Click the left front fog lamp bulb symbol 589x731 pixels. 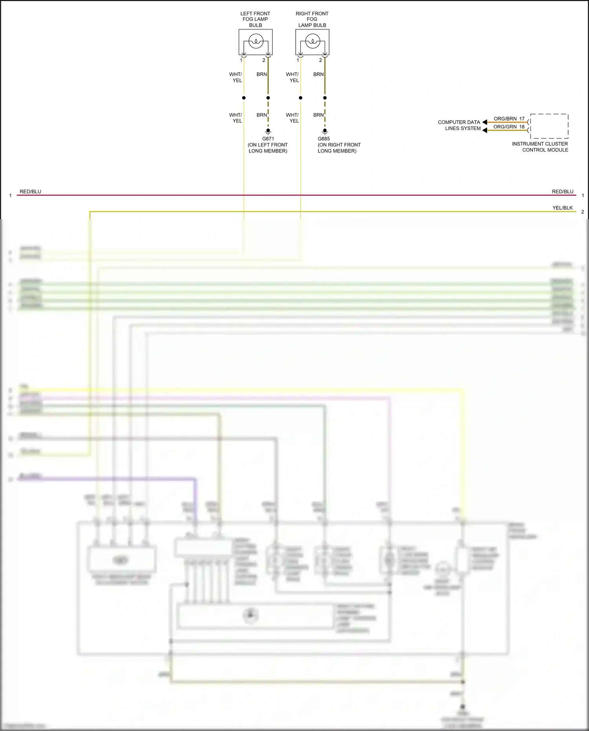pyautogui.click(x=256, y=41)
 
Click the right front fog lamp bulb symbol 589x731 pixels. pyautogui.click(x=313, y=41)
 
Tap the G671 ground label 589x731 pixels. pyautogui.click(x=268, y=139)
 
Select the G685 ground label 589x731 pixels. pyautogui.click(x=324, y=139)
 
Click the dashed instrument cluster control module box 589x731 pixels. pyautogui.click(x=549, y=126)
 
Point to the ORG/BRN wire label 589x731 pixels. pyautogui.click(x=505, y=119)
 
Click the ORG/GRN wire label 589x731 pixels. pyautogui.click(x=505, y=127)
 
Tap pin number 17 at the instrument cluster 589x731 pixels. pyautogui.click(x=522, y=119)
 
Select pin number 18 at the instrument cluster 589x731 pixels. pyautogui.click(x=522, y=127)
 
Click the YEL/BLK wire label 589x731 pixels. pyautogui.click(x=562, y=208)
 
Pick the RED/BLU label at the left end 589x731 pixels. pyautogui.click(x=31, y=192)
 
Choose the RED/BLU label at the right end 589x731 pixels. pyautogui.click(x=562, y=192)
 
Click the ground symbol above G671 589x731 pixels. pyautogui.click(x=268, y=131)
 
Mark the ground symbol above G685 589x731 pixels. pyautogui.click(x=325, y=131)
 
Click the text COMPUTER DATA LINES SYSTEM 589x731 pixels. pyautogui.click(x=459, y=125)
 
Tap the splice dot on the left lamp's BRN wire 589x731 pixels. pyautogui.click(x=268, y=98)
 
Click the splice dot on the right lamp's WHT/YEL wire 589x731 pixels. pyautogui.click(x=300, y=98)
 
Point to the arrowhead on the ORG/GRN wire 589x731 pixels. pyautogui.click(x=485, y=130)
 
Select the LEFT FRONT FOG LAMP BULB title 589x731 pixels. pyautogui.click(x=255, y=19)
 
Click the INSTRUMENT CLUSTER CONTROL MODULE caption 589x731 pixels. pyautogui.click(x=540, y=147)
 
